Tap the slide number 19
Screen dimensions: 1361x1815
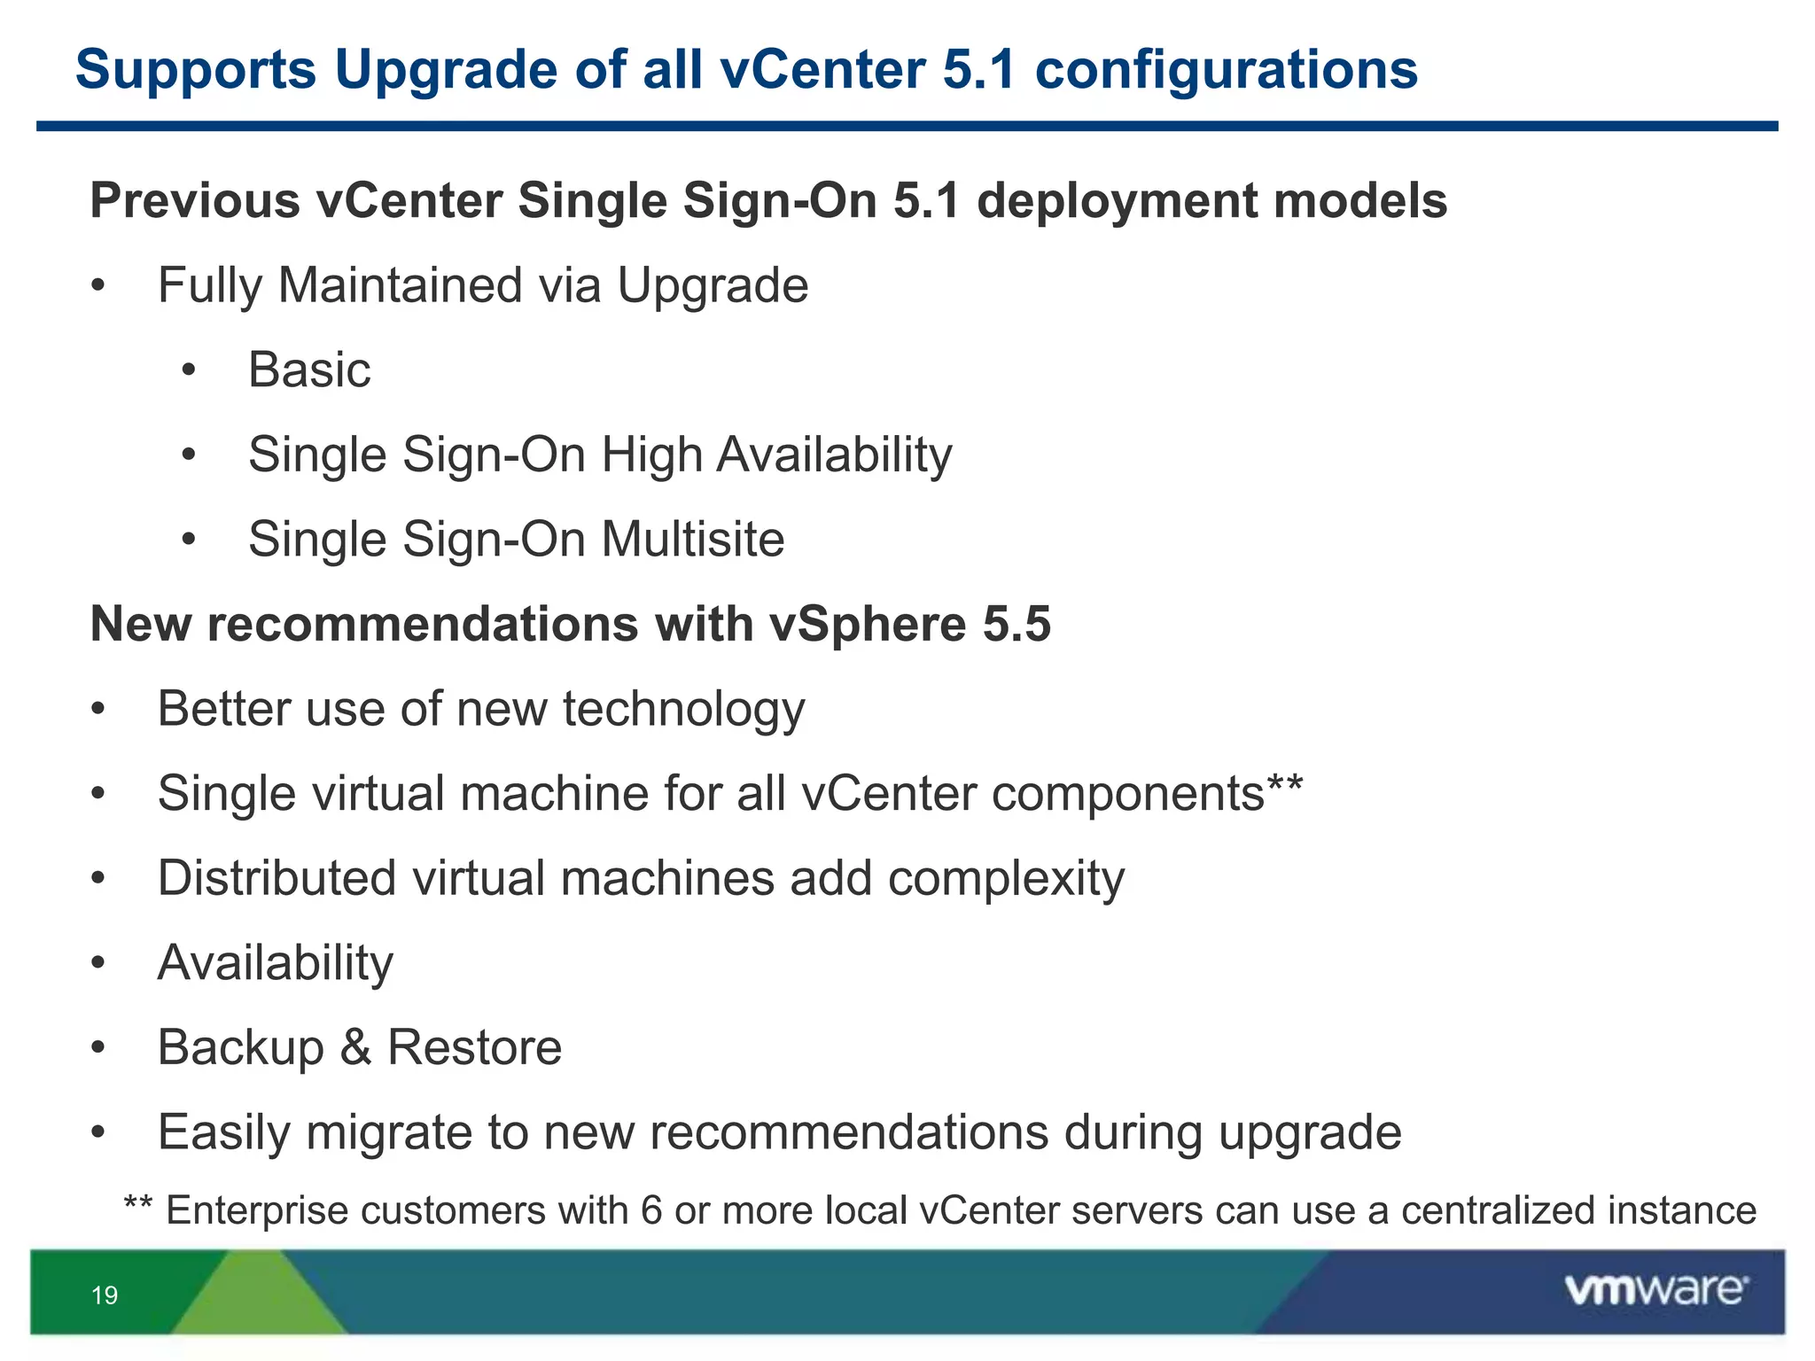(105, 1295)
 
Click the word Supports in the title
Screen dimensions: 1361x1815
(196, 69)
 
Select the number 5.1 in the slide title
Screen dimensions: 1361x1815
(978, 69)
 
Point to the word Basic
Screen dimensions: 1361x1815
(309, 369)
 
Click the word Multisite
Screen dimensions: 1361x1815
(693, 539)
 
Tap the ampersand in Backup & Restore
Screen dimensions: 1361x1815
(354, 1046)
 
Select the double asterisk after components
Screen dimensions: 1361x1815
(1285, 784)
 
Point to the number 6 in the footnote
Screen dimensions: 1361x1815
(651, 1210)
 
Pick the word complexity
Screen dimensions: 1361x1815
(1006, 878)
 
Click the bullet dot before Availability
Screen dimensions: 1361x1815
(98, 963)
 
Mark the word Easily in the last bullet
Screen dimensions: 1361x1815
(223, 1132)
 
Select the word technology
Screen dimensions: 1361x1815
(683, 709)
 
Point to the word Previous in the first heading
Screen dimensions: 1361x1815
(195, 200)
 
